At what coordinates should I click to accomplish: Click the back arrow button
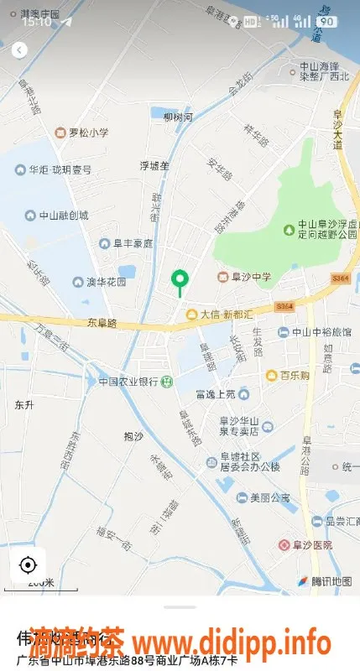[19, 50]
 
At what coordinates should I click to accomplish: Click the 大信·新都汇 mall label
[224, 315]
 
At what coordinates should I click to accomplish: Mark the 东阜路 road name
[102, 322]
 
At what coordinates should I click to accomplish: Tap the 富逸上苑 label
[221, 393]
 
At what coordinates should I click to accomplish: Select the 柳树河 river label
[178, 117]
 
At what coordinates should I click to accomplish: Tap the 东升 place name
[23, 405]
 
